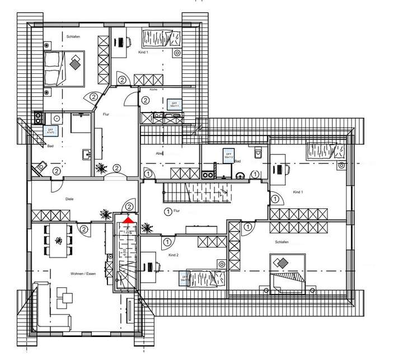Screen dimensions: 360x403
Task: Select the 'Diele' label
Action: [69, 199]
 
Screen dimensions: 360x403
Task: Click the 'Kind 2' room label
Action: [174, 255]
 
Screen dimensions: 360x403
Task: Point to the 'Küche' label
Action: [153, 90]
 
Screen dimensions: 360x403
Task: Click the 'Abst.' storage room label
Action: [159, 153]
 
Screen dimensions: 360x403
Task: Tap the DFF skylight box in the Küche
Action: [174, 104]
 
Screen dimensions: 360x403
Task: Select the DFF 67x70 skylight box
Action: [50, 130]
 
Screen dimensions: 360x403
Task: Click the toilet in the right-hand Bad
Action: [257, 152]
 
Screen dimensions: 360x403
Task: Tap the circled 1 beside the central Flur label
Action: [167, 211]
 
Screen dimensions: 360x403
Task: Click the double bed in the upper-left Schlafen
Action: [64, 68]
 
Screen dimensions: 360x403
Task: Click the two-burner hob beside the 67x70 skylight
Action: [38, 118]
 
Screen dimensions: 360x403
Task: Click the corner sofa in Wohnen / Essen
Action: [48, 308]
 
